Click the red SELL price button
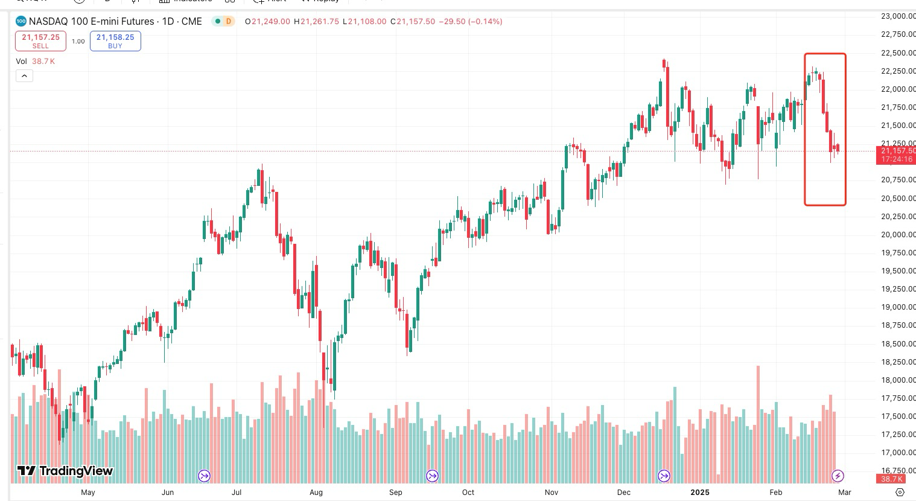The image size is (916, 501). tap(40, 40)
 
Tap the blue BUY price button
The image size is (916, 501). tap(115, 40)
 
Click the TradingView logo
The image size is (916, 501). tap(65, 471)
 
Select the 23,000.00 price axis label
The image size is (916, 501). tap(898, 16)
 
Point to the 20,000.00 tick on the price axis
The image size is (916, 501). tap(898, 234)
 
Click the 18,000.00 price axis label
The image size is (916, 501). tap(898, 380)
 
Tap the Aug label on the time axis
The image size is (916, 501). tap(316, 493)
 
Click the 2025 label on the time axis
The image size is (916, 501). tap(700, 493)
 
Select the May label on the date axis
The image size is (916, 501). tap(88, 493)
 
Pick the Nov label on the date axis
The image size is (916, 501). tap(552, 493)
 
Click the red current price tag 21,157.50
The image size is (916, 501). tap(895, 155)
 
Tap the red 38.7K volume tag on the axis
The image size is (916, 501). tap(891, 479)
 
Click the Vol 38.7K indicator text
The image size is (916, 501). tap(36, 61)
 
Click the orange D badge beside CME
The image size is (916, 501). tap(228, 22)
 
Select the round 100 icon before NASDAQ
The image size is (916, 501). tap(21, 22)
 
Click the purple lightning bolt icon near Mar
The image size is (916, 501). tap(838, 476)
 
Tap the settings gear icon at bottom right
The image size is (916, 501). tap(900, 493)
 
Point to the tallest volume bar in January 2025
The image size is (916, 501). tap(758, 423)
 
